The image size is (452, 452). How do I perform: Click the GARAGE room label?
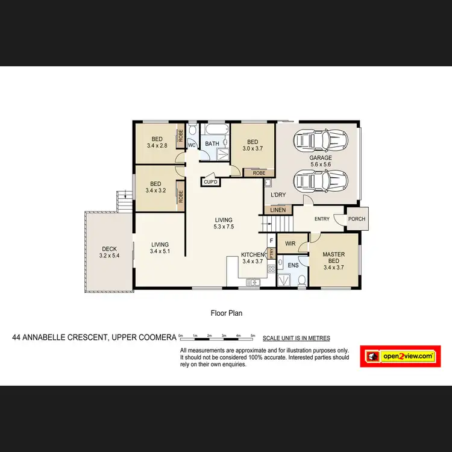321,158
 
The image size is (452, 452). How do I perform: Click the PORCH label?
357,219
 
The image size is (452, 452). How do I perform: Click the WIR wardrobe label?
290,244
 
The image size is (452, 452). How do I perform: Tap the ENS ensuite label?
293,265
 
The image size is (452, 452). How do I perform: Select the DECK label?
109,249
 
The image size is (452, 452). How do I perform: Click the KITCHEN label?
253,255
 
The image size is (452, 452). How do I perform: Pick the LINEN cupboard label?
278,210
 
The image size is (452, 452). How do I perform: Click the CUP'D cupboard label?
210,181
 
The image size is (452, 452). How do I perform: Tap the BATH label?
212,143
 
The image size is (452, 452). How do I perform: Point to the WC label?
192,145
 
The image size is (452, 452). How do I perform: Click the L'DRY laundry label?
278,195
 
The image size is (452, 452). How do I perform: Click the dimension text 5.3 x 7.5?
223,227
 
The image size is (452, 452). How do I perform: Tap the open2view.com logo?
398,356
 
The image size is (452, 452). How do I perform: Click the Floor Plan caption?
226,313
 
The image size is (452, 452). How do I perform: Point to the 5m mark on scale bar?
253,335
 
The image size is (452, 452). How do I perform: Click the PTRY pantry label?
271,254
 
